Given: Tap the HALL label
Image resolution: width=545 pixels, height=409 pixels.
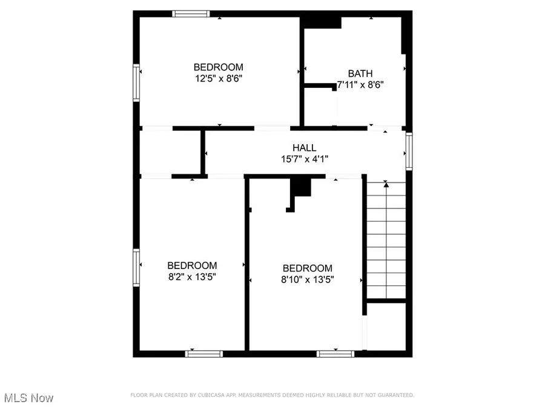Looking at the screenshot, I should (x=304, y=148).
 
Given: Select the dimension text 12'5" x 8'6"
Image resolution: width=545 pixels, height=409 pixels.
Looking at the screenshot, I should (x=218, y=78).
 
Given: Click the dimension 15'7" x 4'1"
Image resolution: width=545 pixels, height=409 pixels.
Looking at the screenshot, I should (x=304, y=159).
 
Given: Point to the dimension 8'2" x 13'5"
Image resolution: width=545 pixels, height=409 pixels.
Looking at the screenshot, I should (x=192, y=276).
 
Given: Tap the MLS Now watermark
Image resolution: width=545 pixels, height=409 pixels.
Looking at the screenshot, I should (x=28, y=398).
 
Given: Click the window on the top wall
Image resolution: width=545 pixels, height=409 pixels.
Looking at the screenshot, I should (x=191, y=13).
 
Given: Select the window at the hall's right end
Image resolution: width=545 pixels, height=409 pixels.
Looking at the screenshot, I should (x=409, y=152).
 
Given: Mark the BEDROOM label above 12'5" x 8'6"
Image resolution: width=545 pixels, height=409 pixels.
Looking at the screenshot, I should (x=218, y=67).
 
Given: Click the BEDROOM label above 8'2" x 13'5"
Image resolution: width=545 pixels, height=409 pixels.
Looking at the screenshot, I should (x=192, y=265).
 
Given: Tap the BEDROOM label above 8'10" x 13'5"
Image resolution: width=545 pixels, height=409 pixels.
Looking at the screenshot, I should (x=307, y=268).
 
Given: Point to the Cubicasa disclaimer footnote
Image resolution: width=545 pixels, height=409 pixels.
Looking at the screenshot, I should (x=272, y=395).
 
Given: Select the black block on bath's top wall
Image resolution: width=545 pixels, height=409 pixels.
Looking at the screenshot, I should (x=322, y=22).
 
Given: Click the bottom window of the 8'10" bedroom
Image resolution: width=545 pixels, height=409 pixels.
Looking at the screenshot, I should (x=335, y=353).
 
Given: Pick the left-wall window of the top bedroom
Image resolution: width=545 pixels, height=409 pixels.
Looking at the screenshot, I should (x=137, y=83).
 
